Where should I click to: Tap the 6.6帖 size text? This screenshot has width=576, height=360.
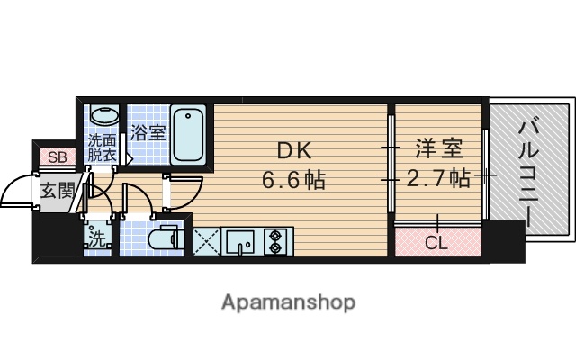[293, 180]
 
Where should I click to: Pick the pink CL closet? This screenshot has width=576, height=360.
[436, 241]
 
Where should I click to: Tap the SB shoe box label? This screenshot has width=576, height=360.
[57, 157]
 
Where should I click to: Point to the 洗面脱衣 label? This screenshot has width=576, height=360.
[102, 148]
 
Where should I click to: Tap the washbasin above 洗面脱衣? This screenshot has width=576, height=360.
[103, 117]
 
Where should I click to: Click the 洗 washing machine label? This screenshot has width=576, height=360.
[96, 240]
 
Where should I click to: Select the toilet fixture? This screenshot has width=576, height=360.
[164, 238]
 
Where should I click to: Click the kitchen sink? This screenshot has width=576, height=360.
[239, 240]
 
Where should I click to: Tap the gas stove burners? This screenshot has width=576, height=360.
[274, 240]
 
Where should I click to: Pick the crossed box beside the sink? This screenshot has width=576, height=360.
[206, 240]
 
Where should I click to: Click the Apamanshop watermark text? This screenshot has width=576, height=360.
[288, 301]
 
